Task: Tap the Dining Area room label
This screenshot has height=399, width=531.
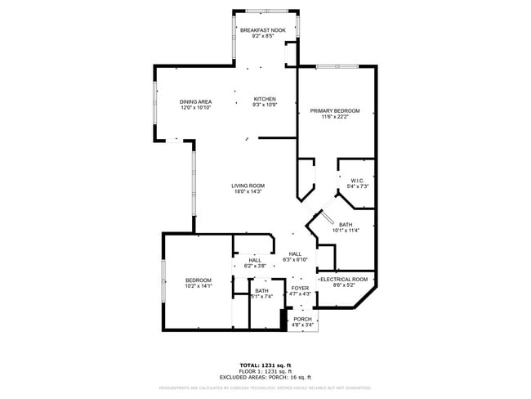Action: pos(195,101)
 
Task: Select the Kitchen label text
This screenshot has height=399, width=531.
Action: pos(265,99)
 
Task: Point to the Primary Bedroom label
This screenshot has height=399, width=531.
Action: pos(335,110)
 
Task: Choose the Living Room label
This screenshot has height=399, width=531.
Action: pos(248,186)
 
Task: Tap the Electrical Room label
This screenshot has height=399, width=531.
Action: pos(343,280)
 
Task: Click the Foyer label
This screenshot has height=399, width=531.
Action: pos(301,288)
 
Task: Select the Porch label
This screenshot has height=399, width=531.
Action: pos(302,319)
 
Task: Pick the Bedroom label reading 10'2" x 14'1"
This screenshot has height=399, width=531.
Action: pos(198,280)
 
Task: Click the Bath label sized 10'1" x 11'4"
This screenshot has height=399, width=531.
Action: pos(346,225)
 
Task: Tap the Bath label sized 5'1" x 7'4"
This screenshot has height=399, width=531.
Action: pos(261,290)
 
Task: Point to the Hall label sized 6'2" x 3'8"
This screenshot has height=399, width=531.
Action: pos(255,260)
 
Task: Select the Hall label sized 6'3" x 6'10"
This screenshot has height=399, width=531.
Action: pos(294,253)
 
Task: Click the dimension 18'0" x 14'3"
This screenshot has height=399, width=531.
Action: pos(248,191)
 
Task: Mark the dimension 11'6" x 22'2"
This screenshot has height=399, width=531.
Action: pos(335,116)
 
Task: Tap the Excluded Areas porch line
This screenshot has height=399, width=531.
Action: pos(265,377)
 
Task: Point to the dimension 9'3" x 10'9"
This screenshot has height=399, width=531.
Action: pos(265,105)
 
